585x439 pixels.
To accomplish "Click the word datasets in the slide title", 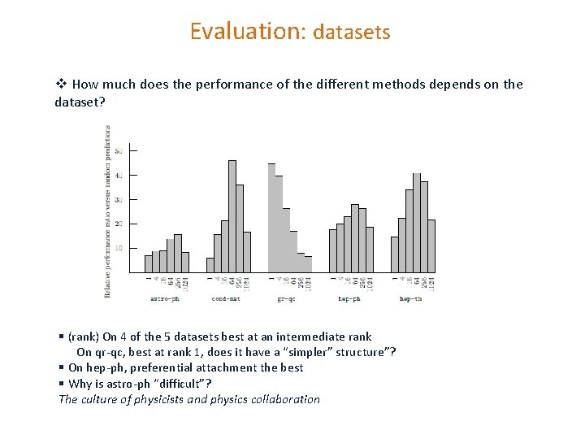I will [x=352, y=33].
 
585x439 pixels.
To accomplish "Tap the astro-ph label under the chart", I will [x=165, y=298].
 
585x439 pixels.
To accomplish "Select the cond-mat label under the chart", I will [x=226, y=298].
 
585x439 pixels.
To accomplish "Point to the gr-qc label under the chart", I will [x=287, y=298].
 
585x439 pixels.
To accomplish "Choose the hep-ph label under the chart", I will [x=349, y=298].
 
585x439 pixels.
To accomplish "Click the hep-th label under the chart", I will [x=411, y=298].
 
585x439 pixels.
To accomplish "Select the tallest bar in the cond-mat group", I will [x=232, y=216].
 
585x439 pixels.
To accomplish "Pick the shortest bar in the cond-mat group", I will [x=210, y=265].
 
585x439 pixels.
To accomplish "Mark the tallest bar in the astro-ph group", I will [x=178, y=253].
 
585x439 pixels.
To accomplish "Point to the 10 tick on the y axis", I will [x=118, y=248].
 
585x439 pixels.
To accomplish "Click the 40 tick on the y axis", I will [x=118, y=176].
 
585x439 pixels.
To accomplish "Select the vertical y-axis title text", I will [x=108, y=211].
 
